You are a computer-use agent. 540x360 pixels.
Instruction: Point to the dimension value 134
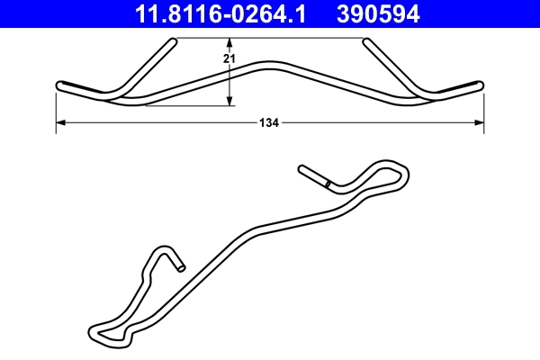click(268, 122)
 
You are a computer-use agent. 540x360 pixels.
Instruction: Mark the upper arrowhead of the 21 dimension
click(229, 42)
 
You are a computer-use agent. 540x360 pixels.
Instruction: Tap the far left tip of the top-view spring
click(59, 85)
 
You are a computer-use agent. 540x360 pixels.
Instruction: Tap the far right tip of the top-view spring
click(479, 85)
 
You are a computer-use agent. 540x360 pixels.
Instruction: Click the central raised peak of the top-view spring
click(269, 64)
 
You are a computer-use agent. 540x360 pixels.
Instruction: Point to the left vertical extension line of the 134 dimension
click(57, 112)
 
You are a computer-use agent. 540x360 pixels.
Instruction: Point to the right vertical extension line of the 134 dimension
click(483, 112)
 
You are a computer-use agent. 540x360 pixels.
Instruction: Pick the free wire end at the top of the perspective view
click(302, 168)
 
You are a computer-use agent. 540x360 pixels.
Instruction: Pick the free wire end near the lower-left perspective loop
click(181, 266)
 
